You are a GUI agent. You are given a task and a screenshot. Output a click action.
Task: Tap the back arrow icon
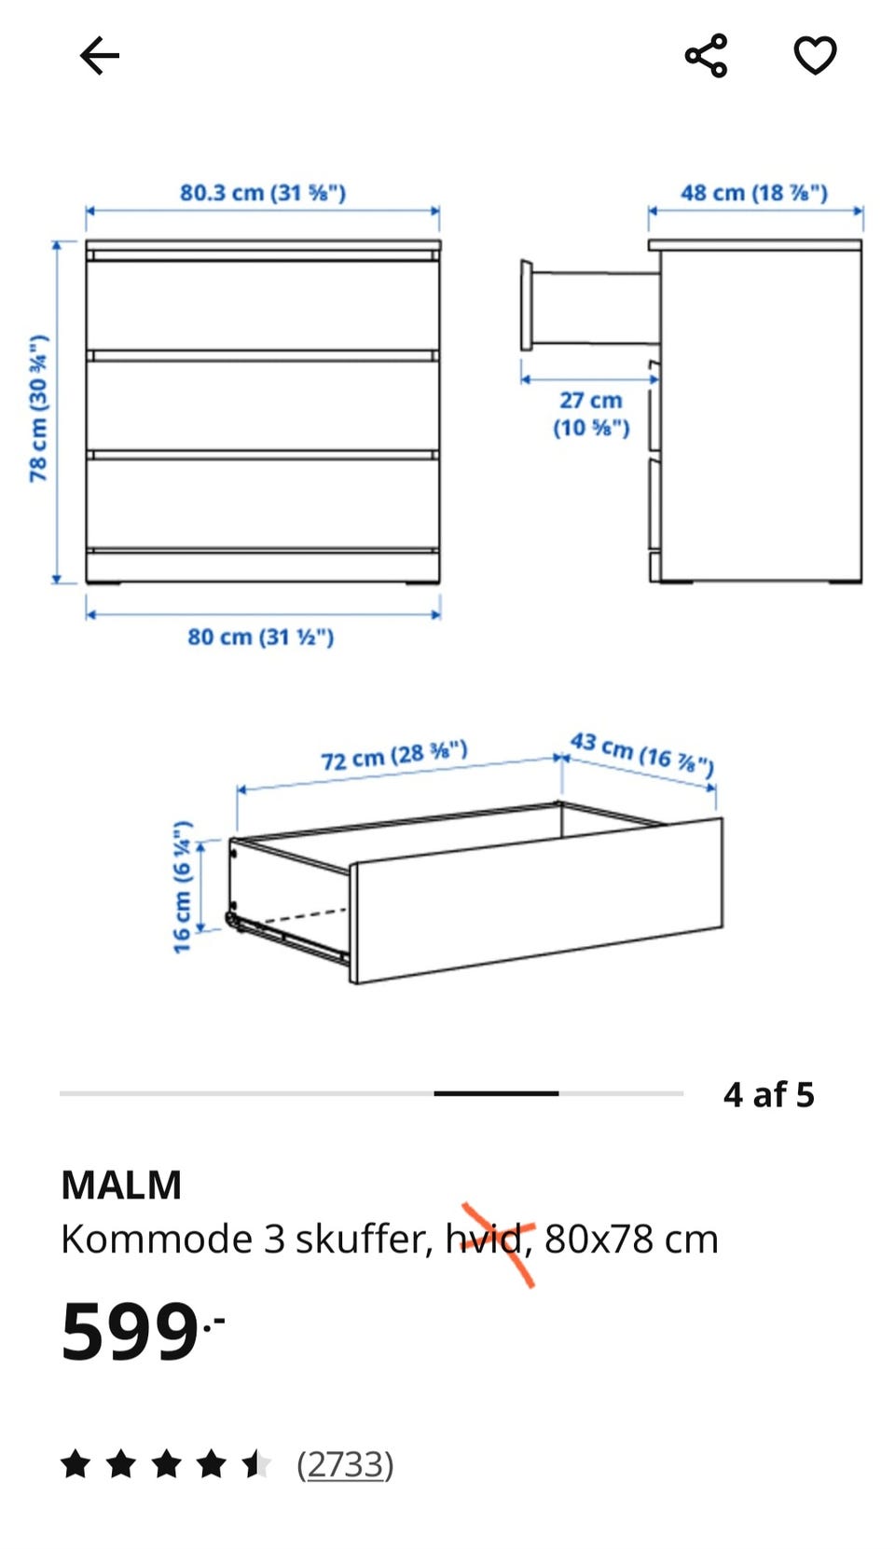pos(100,55)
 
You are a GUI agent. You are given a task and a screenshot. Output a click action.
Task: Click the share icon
pos(706,55)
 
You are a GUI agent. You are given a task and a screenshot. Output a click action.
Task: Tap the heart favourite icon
pos(815,55)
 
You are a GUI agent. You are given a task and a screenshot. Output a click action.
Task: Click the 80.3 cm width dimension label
pos(263,192)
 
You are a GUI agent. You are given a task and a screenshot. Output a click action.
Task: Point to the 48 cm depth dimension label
pos(754,192)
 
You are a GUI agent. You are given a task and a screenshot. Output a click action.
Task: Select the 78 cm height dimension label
pos(39,408)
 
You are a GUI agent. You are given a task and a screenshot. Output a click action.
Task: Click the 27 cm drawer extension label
pos(591,414)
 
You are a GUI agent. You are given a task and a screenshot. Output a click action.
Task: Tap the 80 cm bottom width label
pos(261,637)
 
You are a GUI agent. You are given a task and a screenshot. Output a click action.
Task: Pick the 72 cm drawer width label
pos(394,755)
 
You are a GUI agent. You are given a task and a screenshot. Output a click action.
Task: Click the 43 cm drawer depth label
pos(641,754)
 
